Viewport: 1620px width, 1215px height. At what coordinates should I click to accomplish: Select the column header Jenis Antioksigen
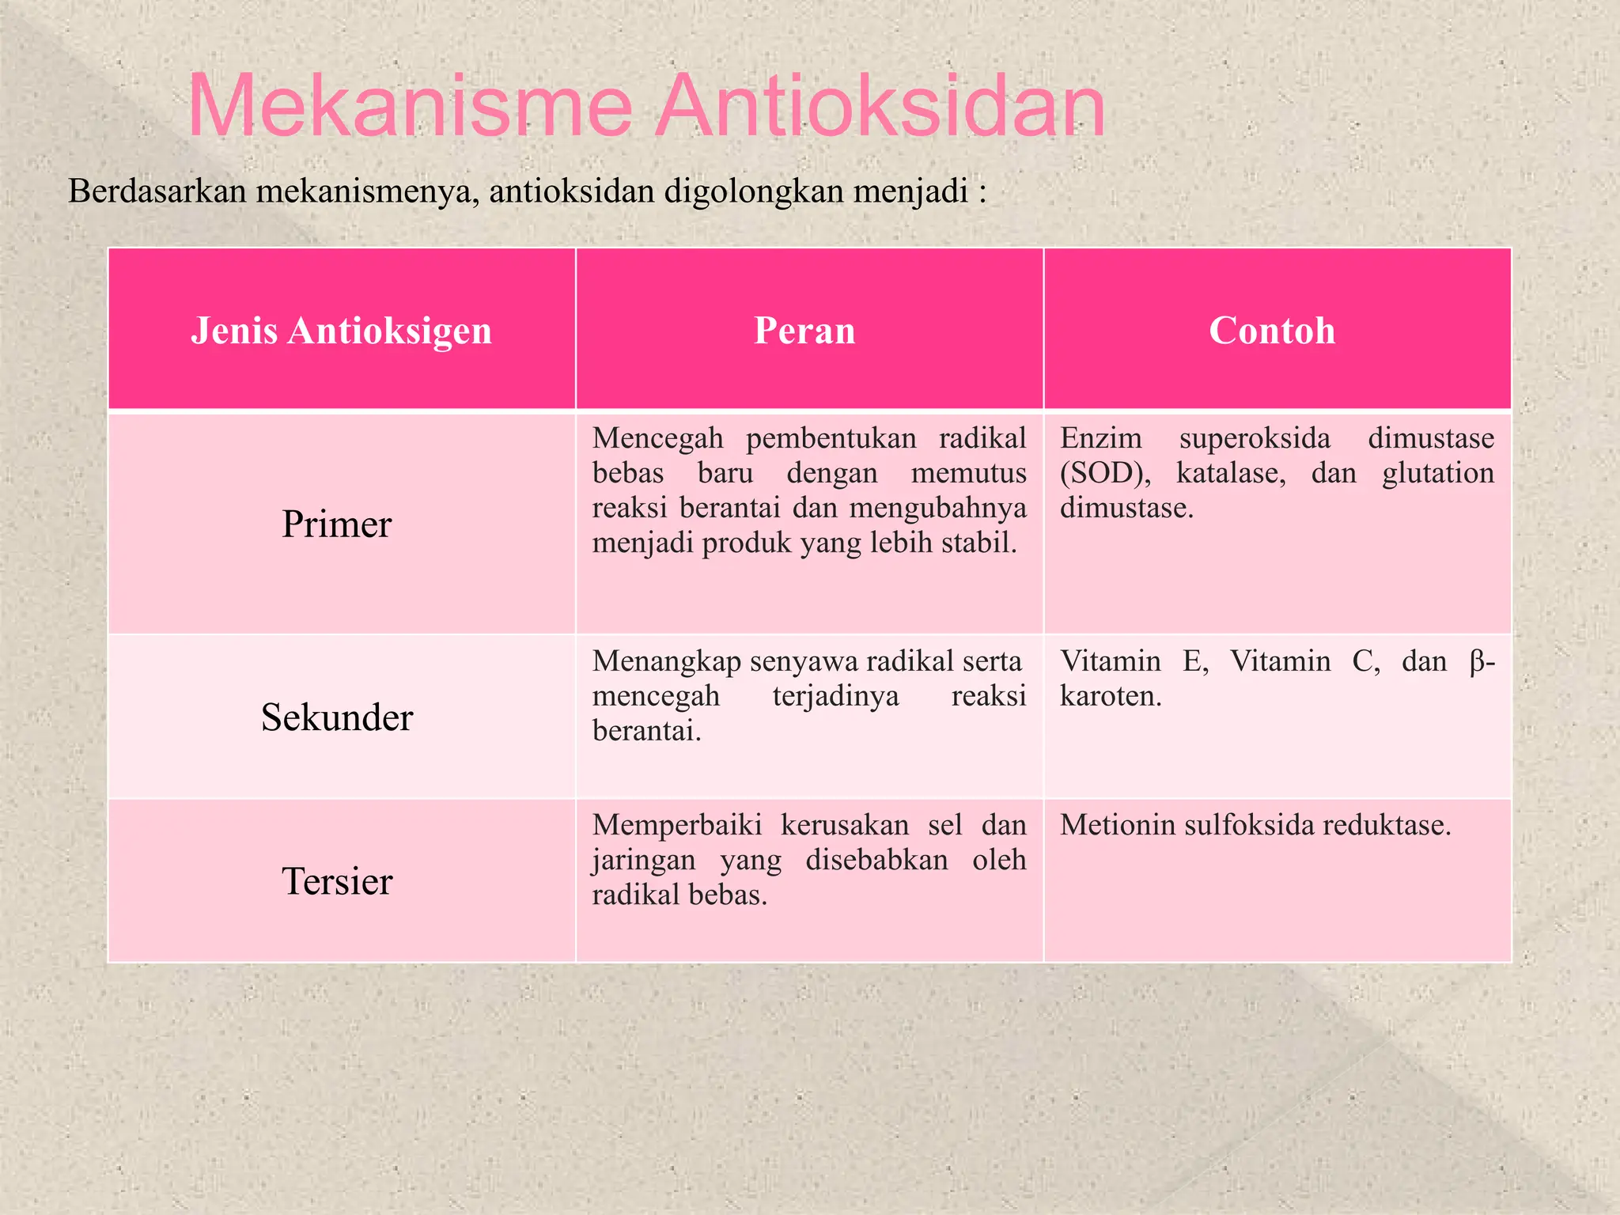pyautogui.click(x=341, y=331)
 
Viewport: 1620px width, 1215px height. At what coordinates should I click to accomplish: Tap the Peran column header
pyautogui.click(x=804, y=331)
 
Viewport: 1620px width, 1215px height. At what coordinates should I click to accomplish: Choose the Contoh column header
pyautogui.click(x=1272, y=331)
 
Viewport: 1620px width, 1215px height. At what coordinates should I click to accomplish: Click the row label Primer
pyautogui.click(x=337, y=524)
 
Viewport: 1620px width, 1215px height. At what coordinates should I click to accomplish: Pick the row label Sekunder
pyautogui.click(x=337, y=717)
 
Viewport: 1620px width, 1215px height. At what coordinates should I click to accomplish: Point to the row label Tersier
pyautogui.click(x=337, y=881)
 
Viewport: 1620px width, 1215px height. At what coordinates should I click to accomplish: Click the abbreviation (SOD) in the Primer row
pyautogui.click(x=1105, y=473)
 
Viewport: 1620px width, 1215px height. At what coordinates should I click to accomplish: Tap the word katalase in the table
pyautogui.click(x=1230, y=473)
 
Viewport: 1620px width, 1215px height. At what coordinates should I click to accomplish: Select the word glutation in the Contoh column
pyautogui.click(x=1437, y=473)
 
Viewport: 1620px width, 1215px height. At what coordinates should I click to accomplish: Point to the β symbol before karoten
pyautogui.click(x=1478, y=661)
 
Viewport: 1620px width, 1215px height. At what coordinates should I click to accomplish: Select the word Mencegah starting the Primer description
pyautogui.click(x=657, y=438)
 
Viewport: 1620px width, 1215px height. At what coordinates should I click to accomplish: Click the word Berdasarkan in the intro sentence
pyautogui.click(x=157, y=191)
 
